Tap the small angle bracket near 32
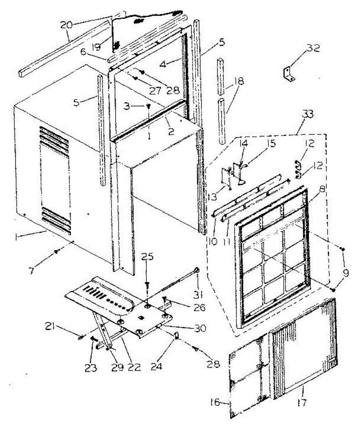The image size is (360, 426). tap(289, 75)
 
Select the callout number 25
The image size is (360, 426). tap(148, 257)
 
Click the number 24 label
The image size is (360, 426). tap(156, 366)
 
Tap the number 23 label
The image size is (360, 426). tap(91, 368)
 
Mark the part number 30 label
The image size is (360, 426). tap(200, 329)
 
